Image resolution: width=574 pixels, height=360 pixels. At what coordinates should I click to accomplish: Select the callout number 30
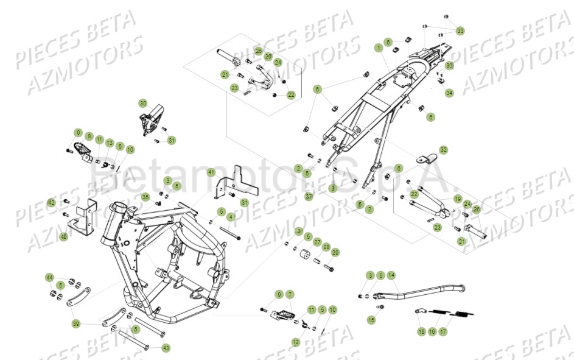142,103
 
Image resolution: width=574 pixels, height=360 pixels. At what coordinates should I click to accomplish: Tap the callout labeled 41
211,172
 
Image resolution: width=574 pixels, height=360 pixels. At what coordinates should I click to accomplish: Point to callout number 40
64,236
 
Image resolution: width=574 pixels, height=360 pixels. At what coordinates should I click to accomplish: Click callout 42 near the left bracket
52,202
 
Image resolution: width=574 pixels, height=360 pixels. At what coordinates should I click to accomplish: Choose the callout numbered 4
231,217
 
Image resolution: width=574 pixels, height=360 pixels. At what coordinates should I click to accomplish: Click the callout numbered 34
449,93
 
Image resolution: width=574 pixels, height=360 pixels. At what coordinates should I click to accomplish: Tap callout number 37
309,196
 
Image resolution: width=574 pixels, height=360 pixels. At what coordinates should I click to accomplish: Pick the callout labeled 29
335,252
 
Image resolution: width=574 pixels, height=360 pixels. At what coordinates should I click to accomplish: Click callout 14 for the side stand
391,275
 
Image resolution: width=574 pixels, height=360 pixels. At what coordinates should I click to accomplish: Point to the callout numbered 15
371,319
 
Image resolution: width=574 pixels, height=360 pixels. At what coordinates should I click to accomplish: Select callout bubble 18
421,331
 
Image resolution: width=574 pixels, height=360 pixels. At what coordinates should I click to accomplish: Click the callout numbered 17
443,331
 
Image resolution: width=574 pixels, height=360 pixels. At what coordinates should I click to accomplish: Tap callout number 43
166,348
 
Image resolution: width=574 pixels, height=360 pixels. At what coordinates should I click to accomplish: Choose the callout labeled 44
49,277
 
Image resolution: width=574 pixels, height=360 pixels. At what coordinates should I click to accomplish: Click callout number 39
75,323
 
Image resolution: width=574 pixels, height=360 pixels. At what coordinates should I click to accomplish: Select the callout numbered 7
290,295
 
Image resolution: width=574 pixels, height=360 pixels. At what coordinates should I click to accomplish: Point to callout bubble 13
110,143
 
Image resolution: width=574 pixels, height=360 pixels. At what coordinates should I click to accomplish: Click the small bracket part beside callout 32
426,158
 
